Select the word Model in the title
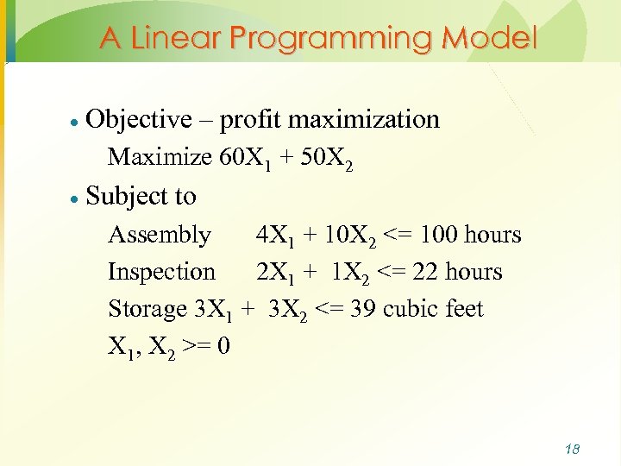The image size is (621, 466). [488, 38]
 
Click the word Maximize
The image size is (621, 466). [160, 157]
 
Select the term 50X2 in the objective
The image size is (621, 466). [326, 158]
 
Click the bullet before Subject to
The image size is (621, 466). [75, 198]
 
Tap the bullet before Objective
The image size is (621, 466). [75, 121]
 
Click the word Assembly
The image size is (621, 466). [160, 235]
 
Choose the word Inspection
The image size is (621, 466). [161, 272]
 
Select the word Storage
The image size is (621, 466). [147, 309]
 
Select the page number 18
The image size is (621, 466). [571, 450]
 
